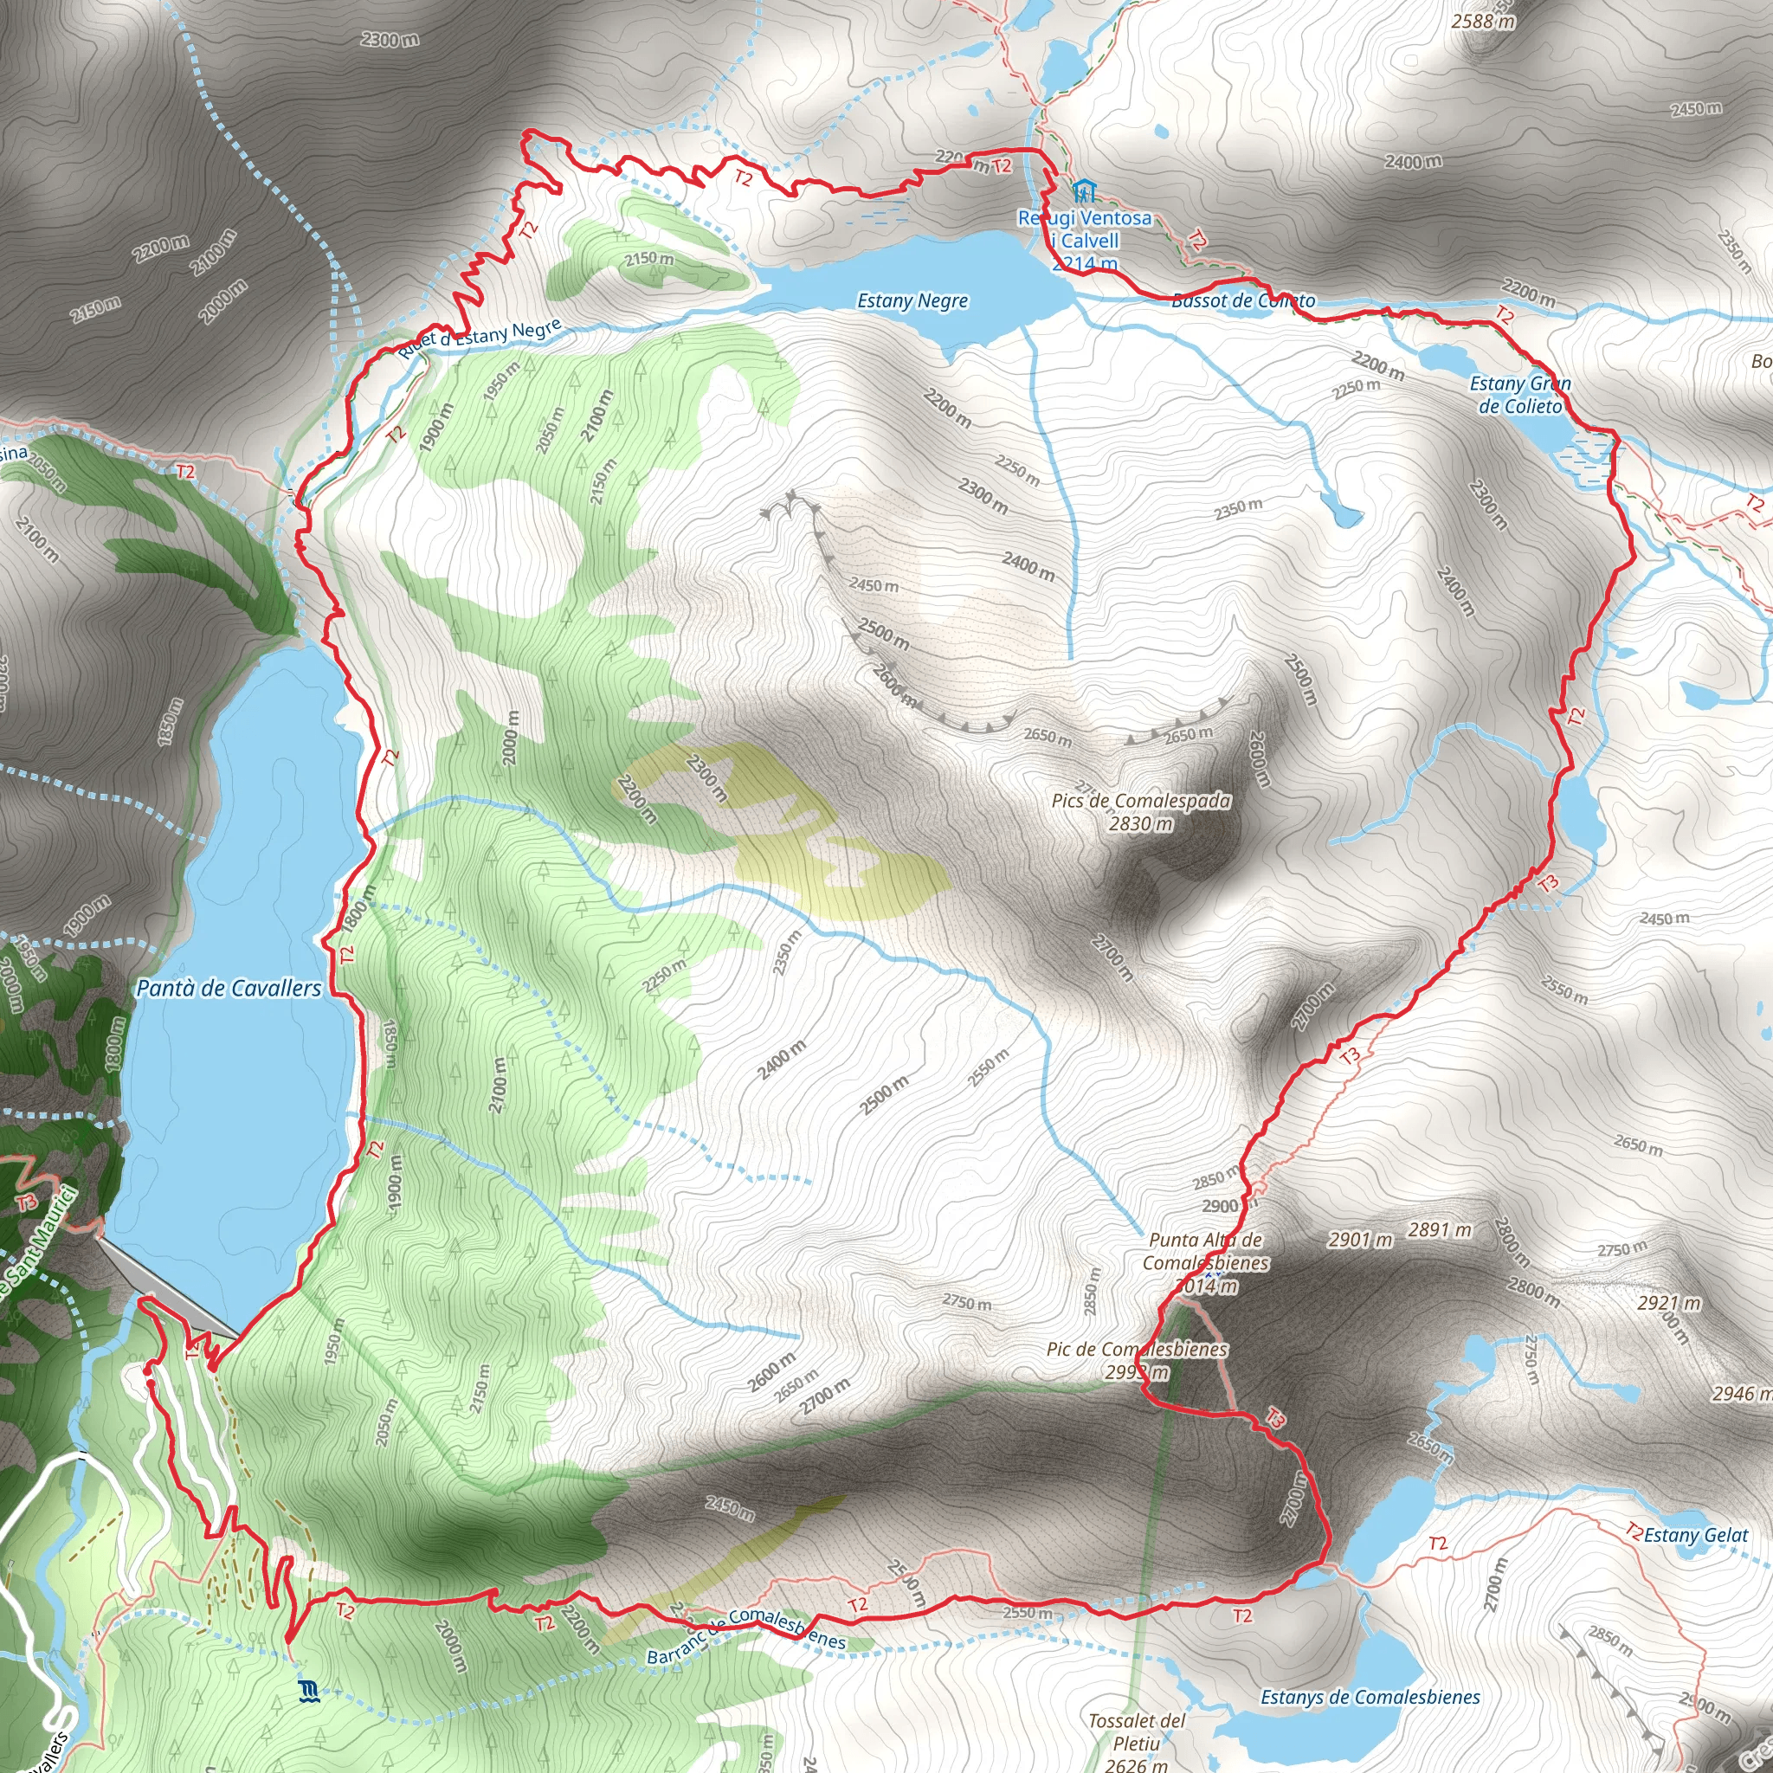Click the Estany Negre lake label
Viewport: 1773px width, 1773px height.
[x=912, y=301]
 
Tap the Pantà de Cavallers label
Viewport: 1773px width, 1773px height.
[x=229, y=989]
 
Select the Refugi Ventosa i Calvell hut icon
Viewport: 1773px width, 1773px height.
[x=1084, y=192]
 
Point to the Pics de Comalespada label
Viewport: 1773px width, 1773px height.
[x=1141, y=800]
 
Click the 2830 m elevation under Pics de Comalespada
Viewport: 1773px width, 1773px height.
[x=1141, y=823]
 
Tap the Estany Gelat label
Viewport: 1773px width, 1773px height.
[x=1695, y=1535]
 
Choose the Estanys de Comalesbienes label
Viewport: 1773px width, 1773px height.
[x=1370, y=1697]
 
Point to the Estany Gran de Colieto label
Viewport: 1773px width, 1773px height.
[x=1519, y=395]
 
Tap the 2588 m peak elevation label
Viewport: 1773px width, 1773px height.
[x=1483, y=20]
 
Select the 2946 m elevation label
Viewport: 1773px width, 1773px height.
[x=1741, y=1393]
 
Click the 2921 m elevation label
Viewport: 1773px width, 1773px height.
[x=1668, y=1303]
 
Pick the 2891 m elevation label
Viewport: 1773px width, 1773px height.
[x=1440, y=1229]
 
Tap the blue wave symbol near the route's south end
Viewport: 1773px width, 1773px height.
[x=308, y=1692]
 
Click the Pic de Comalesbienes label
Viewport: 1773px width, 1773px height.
[x=1137, y=1349]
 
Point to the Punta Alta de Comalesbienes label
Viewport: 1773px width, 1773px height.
[x=1206, y=1251]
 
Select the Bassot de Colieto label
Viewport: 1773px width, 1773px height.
[x=1243, y=300]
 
